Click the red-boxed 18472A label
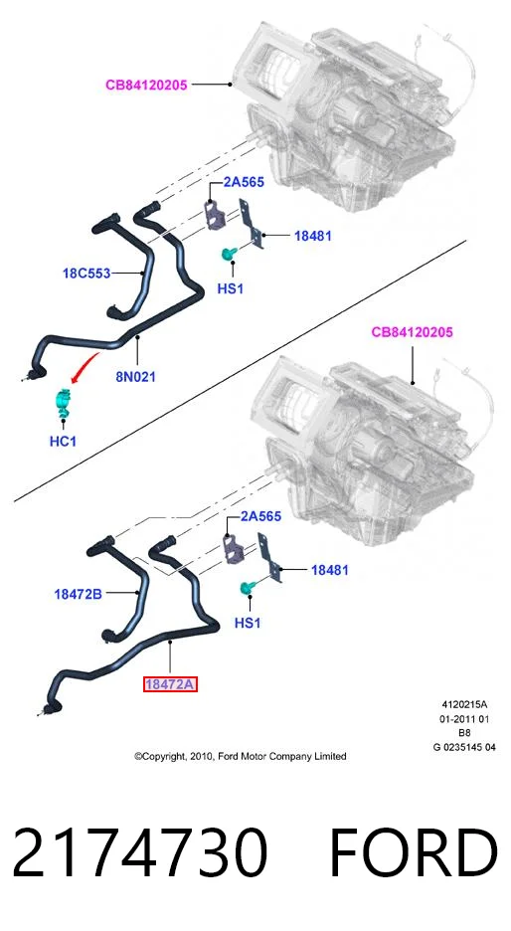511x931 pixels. point(170,684)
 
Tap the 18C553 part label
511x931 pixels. point(86,274)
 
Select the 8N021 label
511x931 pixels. point(135,376)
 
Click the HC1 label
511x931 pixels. point(63,442)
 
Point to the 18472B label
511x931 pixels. point(79,593)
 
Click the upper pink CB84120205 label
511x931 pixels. point(146,85)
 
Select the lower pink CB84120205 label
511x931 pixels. point(412,332)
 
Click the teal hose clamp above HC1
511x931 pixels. point(63,403)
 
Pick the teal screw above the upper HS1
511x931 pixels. point(229,254)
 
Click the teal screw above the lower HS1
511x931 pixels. point(247,588)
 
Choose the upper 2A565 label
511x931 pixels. point(244,182)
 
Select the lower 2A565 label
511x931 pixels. point(260,516)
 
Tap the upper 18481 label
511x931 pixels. point(313,236)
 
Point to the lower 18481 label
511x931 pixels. point(330,570)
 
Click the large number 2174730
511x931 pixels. point(140,853)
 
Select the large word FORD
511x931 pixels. point(413,853)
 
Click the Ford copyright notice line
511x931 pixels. point(241,756)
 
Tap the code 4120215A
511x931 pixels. point(464,705)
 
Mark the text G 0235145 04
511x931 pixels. point(464,748)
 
